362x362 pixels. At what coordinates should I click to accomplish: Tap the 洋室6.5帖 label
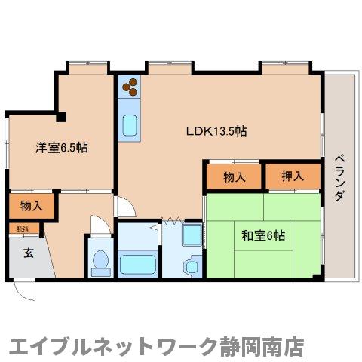click(x=60, y=148)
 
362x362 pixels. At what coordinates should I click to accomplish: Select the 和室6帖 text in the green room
click(x=262, y=235)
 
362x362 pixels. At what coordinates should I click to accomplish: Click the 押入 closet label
click(x=293, y=177)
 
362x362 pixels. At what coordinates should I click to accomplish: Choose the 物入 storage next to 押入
click(x=235, y=177)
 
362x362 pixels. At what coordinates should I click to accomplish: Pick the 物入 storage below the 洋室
click(x=30, y=206)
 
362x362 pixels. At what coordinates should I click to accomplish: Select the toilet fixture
click(x=100, y=262)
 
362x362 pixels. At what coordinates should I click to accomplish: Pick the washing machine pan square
click(x=190, y=233)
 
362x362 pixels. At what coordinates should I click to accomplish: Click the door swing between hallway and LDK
click(x=123, y=206)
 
